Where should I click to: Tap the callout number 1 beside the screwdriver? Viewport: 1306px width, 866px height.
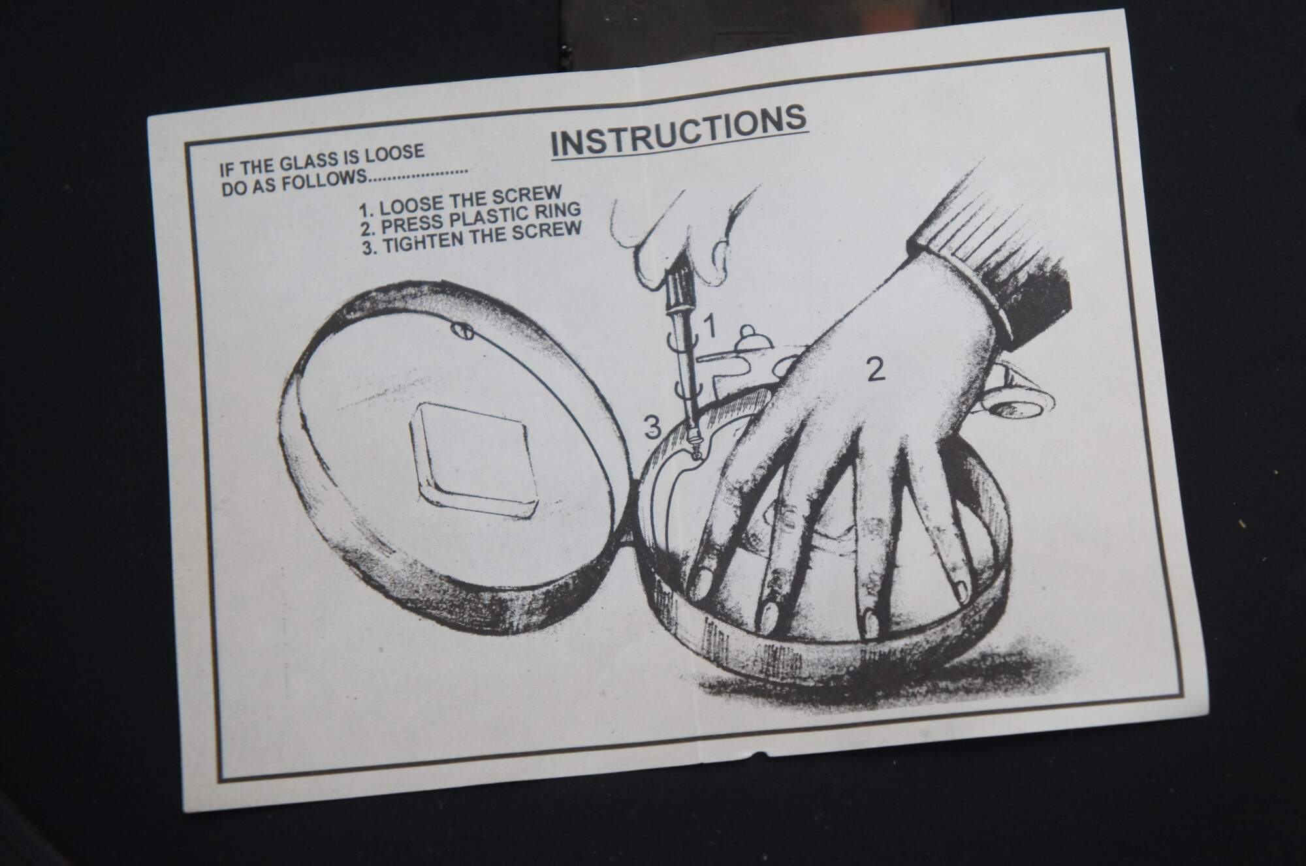point(710,326)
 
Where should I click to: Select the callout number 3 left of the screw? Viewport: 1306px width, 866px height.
point(652,427)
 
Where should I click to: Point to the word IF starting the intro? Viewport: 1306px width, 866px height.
point(226,171)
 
